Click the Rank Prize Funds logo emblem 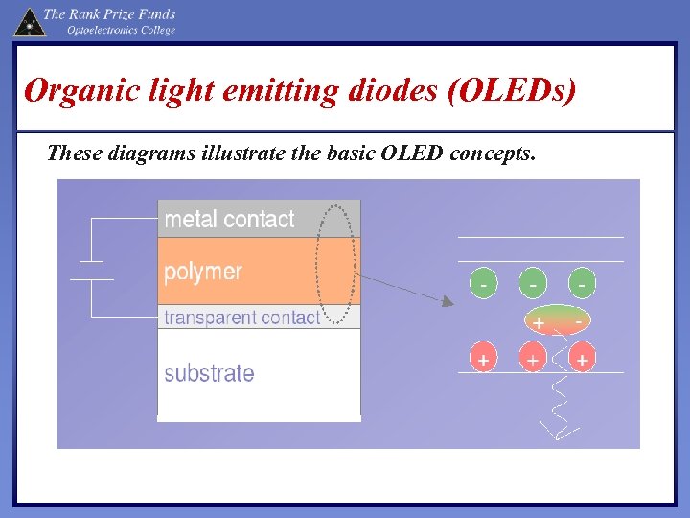(29, 21)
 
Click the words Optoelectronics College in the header (121, 31)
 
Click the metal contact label (229, 220)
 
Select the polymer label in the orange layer (203, 271)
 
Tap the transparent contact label (241, 318)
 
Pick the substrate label (209, 373)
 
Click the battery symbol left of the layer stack (91, 270)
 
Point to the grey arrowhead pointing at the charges (447, 302)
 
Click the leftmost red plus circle (485, 361)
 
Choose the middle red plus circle (533, 361)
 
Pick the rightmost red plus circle (581, 361)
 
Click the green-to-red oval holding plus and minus (559, 322)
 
